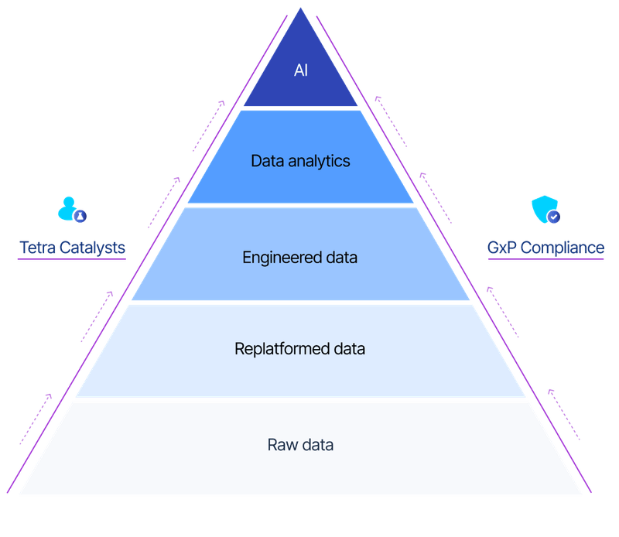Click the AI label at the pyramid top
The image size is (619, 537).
[300, 70]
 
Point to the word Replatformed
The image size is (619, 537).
[280, 349]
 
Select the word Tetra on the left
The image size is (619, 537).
[38, 248]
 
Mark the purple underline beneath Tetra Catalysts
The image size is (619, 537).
[73, 260]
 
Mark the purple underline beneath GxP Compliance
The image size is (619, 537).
[545, 260]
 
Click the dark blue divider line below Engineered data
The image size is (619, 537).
[300, 303]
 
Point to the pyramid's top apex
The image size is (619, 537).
[301, 9]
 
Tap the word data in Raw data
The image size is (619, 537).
[317, 445]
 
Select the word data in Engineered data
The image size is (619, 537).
[340, 258]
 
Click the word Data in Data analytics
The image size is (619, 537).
[265, 162]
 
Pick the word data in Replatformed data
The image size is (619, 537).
[347, 349]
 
